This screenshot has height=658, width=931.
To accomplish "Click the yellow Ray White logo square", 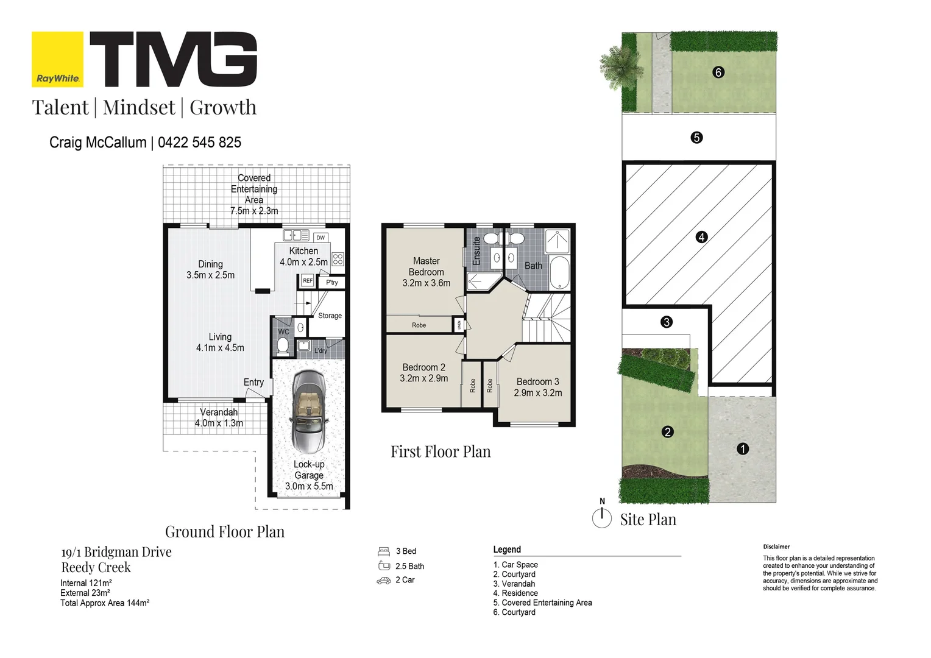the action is click(57, 60).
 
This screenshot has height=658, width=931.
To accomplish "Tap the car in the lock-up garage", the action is click(310, 412).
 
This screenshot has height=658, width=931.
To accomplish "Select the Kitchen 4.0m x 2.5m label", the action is click(303, 256).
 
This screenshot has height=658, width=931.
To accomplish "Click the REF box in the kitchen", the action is click(308, 281).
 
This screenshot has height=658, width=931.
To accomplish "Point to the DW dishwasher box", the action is click(320, 238).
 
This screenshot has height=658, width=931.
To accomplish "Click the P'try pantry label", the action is click(331, 283).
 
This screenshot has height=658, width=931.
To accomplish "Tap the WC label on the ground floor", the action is click(283, 331).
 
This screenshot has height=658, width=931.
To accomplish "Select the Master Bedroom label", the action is click(426, 266).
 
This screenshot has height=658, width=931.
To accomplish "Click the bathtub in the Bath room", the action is click(559, 272).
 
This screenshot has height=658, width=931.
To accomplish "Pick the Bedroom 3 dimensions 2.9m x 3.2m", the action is click(538, 393).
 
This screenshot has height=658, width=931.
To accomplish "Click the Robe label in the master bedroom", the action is click(419, 325).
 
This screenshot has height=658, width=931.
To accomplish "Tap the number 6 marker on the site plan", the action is click(718, 73).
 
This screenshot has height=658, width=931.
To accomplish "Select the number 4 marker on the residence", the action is click(701, 238).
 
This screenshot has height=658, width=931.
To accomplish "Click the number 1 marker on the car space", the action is click(742, 449).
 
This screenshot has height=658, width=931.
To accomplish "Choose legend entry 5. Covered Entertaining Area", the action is click(542, 603).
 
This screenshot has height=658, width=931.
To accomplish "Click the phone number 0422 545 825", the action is click(199, 143).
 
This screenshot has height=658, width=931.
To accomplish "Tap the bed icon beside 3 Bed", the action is click(384, 551).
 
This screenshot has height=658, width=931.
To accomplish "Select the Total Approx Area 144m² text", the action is click(105, 603).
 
